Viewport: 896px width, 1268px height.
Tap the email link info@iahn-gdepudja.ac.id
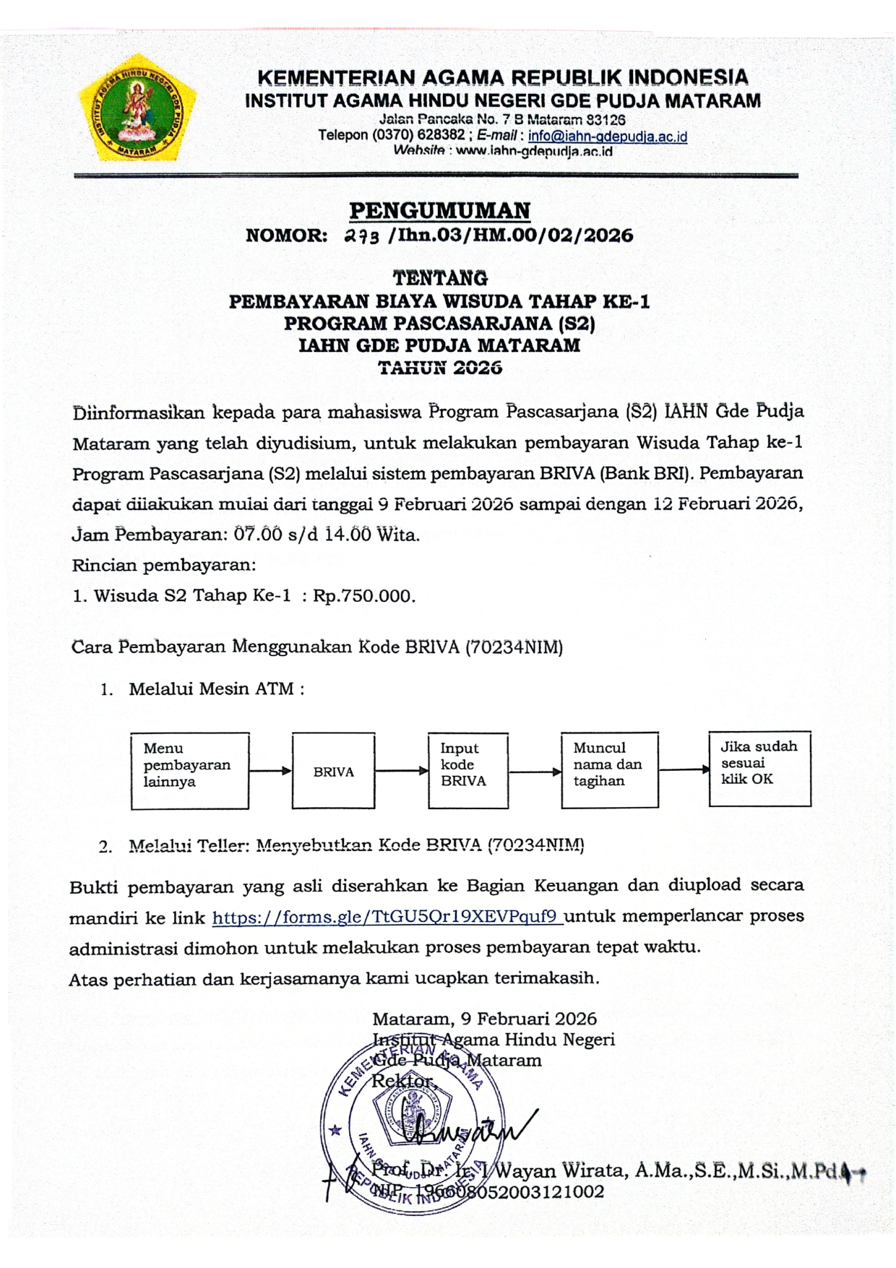pyautogui.click(x=607, y=137)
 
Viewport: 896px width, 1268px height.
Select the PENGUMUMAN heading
pyautogui.click(x=439, y=211)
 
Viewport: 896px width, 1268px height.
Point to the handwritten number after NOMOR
pyautogui.click(x=361, y=236)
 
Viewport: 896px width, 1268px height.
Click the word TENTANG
pyautogui.click(x=440, y=278)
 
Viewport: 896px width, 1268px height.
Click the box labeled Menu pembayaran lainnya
pyautogui.click(x=190, y=770)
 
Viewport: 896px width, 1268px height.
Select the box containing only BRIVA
pyautogui.click(x=333, y=771)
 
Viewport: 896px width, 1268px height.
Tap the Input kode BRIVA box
pyautogui.click(x=468, y=770)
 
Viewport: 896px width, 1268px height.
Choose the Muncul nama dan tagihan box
pyautogui.click(x=609, y=769)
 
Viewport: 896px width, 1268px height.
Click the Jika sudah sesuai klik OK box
pyautogui.click(x=759, y=768)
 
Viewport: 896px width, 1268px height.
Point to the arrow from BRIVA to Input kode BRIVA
pyautogui.click(x=402, y=771)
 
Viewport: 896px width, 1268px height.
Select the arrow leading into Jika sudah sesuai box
pyautogui.click(x=684, y=769)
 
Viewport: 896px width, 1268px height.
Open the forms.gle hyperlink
pyautogui.click(x=387, y=918)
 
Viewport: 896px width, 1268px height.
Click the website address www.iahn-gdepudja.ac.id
pyautogui.click(x=534, y=152)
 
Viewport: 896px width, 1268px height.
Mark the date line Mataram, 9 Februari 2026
pyautogui.click(x=484, y=1019)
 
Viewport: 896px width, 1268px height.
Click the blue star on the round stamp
pyautogui.click(x=335, y=1129)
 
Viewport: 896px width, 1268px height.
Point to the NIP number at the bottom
pyautogui.click(x=488, y=1192)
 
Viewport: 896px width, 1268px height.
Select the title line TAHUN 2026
pyautogui.click(x=440, y=368)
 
